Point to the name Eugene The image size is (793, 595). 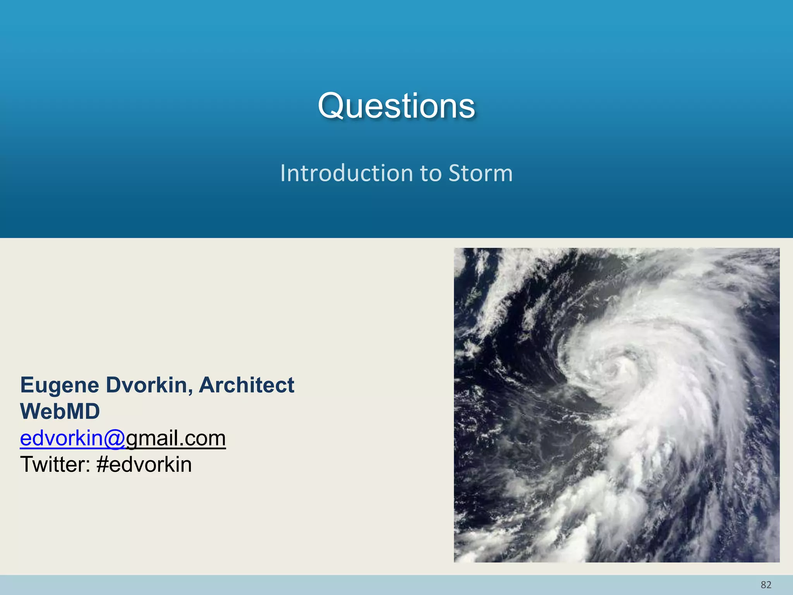coord(60,386)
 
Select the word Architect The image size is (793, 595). coord(247,385)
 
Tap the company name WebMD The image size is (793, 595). coord(60,411)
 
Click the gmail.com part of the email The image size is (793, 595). coord(176,439)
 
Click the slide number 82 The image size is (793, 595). coord(766,585)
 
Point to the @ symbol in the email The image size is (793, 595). coord(114,439)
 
